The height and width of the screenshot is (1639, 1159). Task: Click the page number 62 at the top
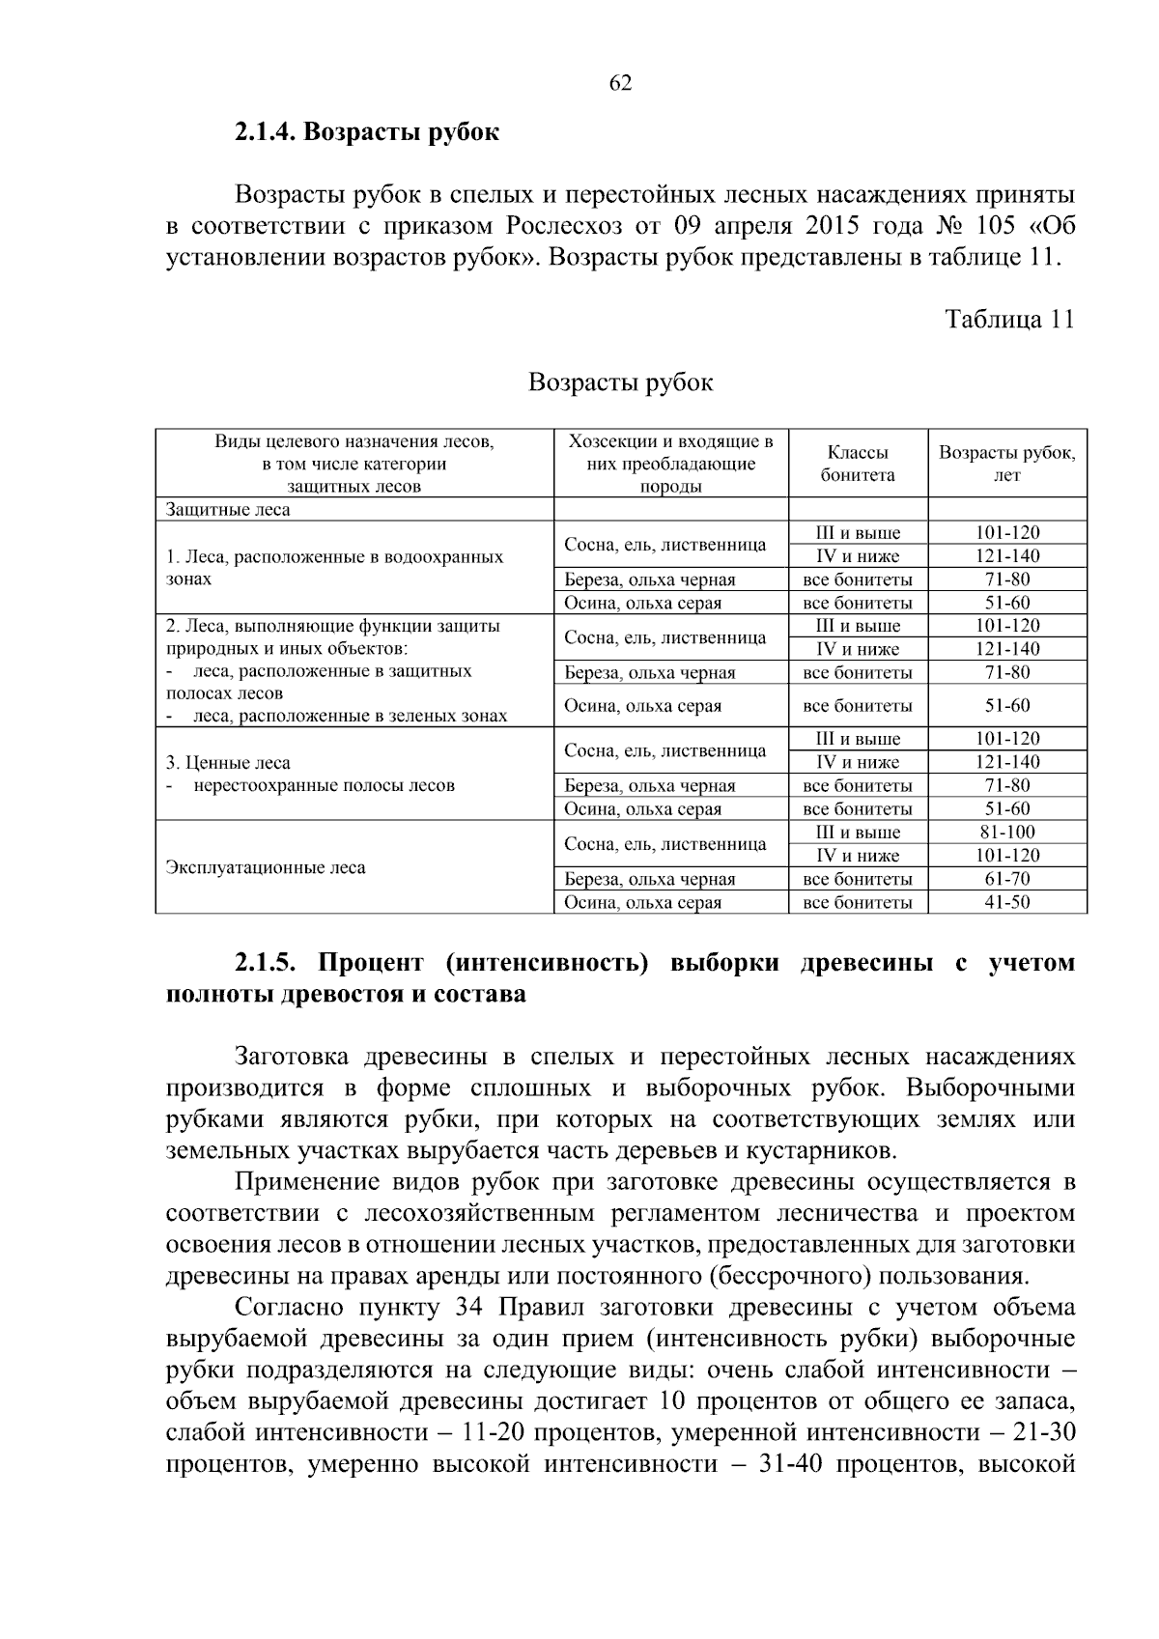(x=620, y=83)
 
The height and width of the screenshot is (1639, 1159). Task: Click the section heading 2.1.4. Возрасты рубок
(x=366, y=132)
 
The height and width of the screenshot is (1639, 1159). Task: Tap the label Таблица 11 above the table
(x=1008, y=320)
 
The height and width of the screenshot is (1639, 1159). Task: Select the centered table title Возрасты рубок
(x=620, y=382)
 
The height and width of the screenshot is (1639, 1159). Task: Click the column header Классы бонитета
(x=858, y=464)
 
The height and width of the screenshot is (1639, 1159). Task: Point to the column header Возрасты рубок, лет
(x=1006, y=464)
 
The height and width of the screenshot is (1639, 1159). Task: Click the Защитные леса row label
(x=228, y=509)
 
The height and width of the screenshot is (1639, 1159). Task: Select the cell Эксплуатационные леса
(x=266, y=867)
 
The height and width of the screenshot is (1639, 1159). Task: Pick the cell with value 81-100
(x=1006, y=833)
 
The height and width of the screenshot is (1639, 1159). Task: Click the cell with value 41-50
(x=1006, y=902)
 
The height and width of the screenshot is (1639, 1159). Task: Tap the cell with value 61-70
(x=1006, y=879)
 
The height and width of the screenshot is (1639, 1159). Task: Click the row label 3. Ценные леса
(x=228, y=762)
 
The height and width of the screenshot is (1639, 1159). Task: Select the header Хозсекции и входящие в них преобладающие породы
(x=670, y=464)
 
